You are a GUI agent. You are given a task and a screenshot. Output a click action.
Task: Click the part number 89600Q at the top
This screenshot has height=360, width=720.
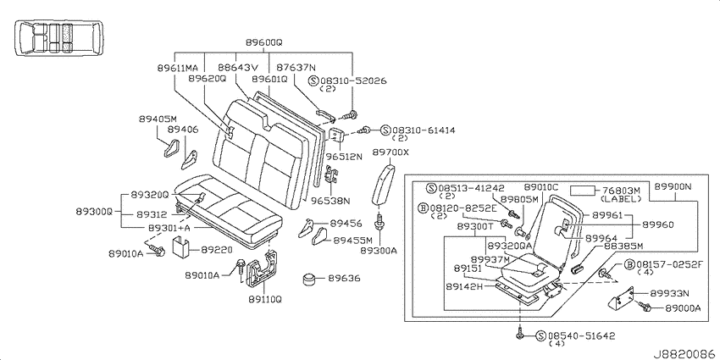click(x=263, y=42)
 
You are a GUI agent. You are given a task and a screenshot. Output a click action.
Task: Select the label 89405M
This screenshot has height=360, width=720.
click(x=158, y=119)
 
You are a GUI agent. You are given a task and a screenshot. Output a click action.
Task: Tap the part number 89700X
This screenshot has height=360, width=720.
click(x=390, y=152)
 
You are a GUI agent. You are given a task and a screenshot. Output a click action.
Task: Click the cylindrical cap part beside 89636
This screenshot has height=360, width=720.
click(x=311, y=279)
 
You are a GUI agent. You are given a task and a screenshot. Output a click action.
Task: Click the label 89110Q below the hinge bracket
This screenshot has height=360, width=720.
click(x=265, y=299)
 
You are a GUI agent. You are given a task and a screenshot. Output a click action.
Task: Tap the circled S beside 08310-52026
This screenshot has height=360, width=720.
click(x=313, y=80)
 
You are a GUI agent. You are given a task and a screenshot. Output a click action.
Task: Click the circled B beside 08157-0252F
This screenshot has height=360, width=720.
click(x=630, y=264)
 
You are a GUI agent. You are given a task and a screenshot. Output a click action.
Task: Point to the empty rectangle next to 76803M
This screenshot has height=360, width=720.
click(x=583, y=191)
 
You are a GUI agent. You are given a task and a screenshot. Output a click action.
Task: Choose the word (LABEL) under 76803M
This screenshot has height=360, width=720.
click(x=620, y=199)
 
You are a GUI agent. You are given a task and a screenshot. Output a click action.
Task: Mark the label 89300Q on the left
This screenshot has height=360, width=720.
click(x=94, y=212)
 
